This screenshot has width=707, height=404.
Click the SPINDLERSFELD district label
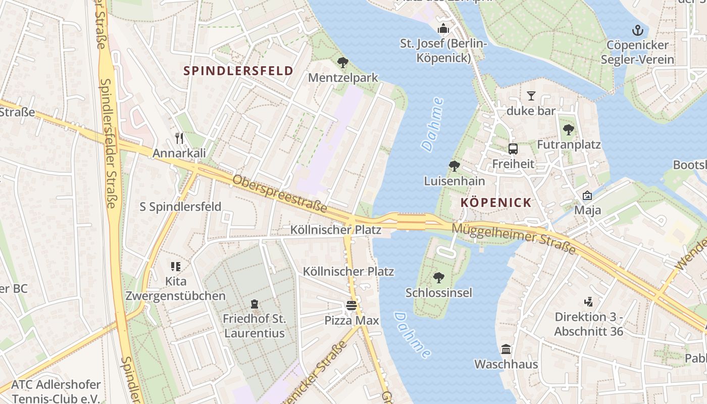pos(238,71)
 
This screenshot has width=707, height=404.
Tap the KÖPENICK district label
pos(496,203)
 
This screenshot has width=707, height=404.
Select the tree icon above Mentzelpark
pos(343,63)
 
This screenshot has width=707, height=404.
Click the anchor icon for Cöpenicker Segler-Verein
pos(637,30)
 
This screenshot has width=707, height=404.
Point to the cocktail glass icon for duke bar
pos(531,95)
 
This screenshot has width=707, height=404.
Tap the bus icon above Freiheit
pos(513,149)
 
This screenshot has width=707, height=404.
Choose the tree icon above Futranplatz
pos(569,130)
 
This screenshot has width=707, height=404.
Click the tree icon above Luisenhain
pos(454,166)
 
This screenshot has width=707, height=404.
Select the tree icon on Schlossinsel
pos(438,277)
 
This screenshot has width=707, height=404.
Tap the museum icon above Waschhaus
pos(506,349)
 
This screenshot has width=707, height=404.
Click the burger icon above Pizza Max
pos(351,305)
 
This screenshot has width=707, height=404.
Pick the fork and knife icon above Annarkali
pos(179,138)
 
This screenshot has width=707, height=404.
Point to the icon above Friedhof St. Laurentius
pos(254,304)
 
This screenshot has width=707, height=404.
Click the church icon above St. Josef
pos(443,28)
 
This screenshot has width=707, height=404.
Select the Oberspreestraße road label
pos(279,193)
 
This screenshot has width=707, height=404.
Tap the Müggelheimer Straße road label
pos(513,238)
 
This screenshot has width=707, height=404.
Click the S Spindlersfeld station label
pos(180,207)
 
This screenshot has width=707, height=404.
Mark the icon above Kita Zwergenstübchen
pos(176,266)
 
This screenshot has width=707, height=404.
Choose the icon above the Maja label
pos(587,195)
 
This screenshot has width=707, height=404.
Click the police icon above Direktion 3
pos(588,302)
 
